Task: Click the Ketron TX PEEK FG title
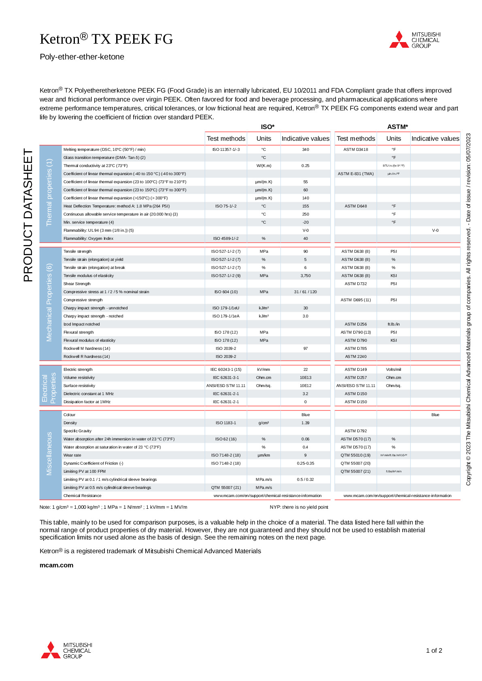point(106,39)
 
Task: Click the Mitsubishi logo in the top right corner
point(414,40)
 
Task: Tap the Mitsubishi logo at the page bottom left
point(66,650)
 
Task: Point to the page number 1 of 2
point(434,650)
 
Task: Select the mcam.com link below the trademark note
point(56,565)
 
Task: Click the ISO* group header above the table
point(268,127)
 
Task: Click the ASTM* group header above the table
point(397,127)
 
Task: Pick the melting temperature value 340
point(306,150)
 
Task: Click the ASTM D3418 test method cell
point(356,150)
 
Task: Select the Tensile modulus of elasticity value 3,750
point(306,276)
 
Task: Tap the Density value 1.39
point(306,423)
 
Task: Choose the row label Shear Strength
point(77,284)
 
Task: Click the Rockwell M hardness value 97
point(306,349)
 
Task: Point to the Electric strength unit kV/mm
point(263,370)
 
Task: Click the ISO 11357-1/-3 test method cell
point(226,150)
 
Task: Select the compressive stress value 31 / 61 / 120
point(306,292)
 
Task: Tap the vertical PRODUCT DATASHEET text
point(28,215)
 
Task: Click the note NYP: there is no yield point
point(299,507)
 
